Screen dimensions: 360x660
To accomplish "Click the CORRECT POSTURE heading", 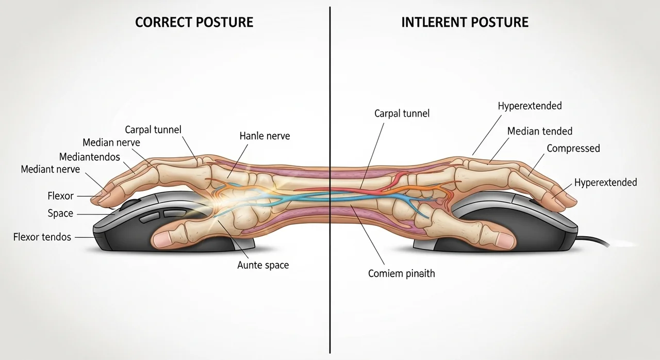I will pos(194,22).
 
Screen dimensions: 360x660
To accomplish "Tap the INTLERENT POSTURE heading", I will pos(465,22).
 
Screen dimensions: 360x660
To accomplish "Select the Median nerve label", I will pos(111,142).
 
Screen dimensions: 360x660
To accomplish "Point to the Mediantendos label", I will pos(89,156).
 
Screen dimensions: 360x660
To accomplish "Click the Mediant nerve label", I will pos(50,169).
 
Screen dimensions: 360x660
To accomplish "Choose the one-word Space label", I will pos(60,214).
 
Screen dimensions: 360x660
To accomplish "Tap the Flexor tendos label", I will pos(42,237).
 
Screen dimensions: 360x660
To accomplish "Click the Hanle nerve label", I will pos(265,136).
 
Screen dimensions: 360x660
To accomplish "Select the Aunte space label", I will pos(263,265).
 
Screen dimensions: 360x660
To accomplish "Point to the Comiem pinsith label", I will pos(401,273).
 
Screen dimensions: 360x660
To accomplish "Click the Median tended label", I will pos(540,131).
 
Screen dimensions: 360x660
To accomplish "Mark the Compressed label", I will pos(573,149).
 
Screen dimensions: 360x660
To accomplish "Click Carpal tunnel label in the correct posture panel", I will pos(153,129).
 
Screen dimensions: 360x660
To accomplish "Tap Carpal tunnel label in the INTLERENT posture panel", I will pos(402,113).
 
